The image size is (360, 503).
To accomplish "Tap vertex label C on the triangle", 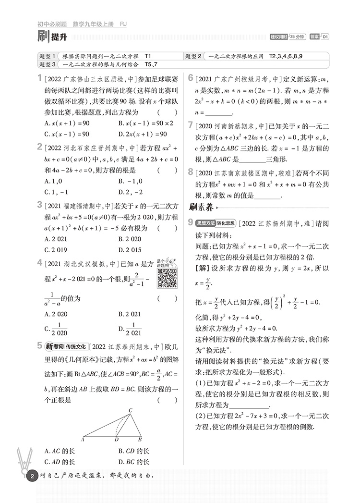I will pyautogui.click(x=130, y=410).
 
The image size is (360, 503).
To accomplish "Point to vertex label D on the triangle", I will pyautogui.click(x=116, y=439).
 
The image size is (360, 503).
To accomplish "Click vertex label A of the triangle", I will pyautogui.click(x=84, y=439).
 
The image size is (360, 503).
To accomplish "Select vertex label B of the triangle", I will pyautogui.click(x=140, y=439).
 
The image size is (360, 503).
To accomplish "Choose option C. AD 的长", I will pyautogui.click(x=59, y=462).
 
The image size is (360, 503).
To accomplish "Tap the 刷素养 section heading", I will pyautogui.click(x=201, y=208).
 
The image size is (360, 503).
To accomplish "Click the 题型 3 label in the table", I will pyautogui.click(x=48, y=64).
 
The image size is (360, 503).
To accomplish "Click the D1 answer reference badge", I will pyautogui.click(x=325, y=37).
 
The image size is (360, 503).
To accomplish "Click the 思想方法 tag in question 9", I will pyautogui.click(x=206, y=223).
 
